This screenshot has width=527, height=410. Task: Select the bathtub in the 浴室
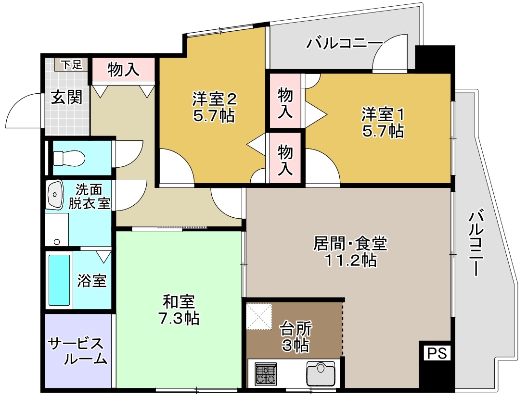59,280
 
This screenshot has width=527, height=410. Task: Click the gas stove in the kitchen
266,373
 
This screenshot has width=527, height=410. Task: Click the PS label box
437,353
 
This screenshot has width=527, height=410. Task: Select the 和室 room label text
179,302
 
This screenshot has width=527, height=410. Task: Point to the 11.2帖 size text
349,261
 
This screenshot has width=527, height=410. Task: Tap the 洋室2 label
214,99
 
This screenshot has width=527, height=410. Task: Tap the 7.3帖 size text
179,318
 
